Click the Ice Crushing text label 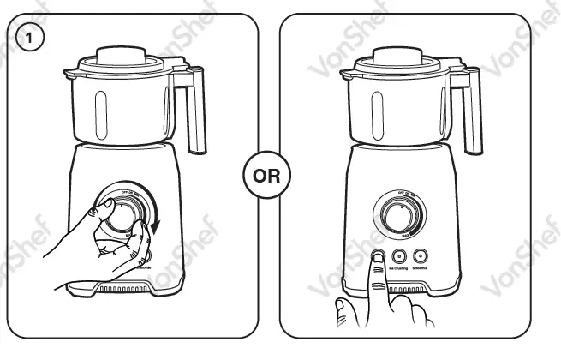(398, 268)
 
